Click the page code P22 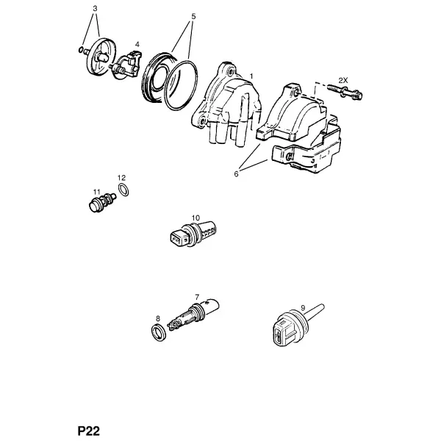89,431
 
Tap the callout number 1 251,76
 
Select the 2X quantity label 343,80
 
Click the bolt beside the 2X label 345,92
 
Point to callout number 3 95,9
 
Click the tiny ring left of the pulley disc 80,50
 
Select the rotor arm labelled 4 126,65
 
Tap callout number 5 193,17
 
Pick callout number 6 236,174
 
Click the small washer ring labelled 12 123,190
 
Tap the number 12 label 121,178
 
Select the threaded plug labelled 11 102,203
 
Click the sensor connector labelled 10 193,234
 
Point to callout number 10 196,218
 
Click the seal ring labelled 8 158,333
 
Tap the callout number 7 197,297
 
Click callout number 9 303,308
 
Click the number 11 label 97,192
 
